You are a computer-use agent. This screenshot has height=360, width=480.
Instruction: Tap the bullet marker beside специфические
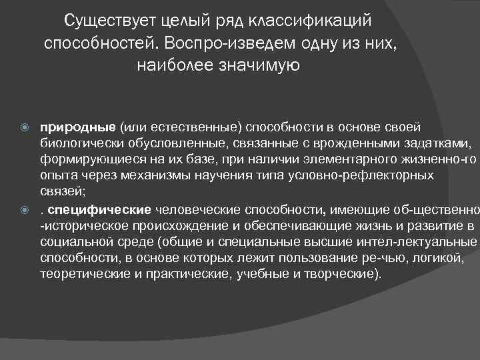[x=25, y=211]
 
